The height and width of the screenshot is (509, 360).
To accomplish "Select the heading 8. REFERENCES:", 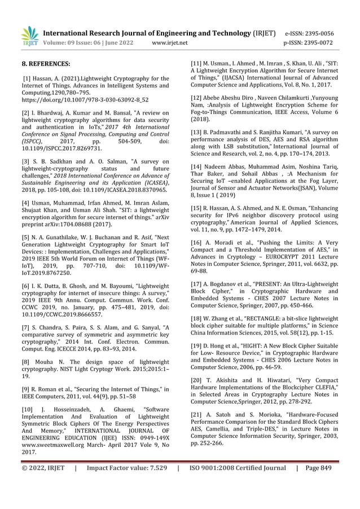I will [46, 63].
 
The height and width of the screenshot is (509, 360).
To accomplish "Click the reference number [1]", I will [27, 77].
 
